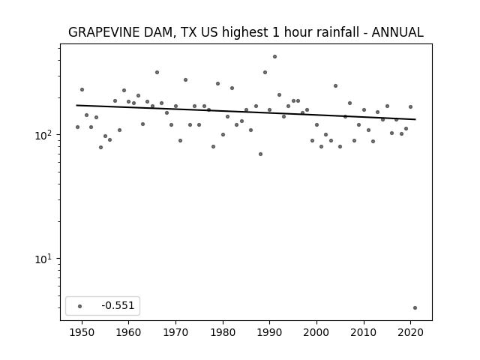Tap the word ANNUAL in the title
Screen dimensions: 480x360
pos(397,32)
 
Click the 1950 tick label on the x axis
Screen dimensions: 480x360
pos(82,332)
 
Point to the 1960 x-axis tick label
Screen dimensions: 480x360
pos(129,332)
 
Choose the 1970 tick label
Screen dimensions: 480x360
pos(175,332)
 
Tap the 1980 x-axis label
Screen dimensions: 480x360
pos(223,332)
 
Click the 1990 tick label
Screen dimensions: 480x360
pos(270,332)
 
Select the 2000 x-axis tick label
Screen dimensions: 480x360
pos(316,332)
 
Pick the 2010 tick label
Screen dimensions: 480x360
pos(364,332)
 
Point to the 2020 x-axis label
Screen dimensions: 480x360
pos(410,332)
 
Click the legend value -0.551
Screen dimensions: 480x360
pos(118,305)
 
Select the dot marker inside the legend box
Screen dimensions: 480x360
pos(80,306)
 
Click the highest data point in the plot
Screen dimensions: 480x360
pos(275,57)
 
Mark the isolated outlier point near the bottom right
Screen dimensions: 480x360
pos(415,308)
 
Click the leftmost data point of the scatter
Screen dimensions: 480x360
pos(77,127)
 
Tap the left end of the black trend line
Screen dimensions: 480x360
pos(76,105)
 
